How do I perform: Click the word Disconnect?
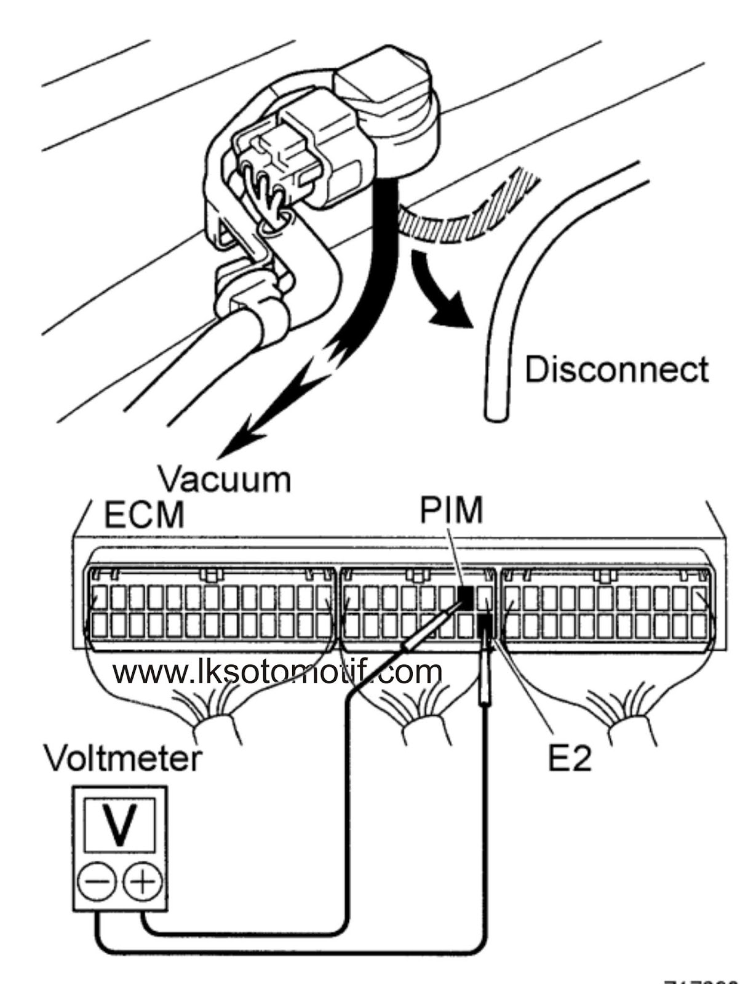tap(616, 370)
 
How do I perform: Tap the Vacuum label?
tap(224, 479)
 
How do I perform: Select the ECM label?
tap(144, 515)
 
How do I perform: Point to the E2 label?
tap(569, 759)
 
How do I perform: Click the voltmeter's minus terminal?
tap(95, 883)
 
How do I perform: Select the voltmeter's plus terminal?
tap(143, 883)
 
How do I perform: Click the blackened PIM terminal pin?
tap(466, 597)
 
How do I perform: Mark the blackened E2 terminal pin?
tap(484, 627)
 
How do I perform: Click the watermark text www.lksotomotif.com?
tap(277, 672)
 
